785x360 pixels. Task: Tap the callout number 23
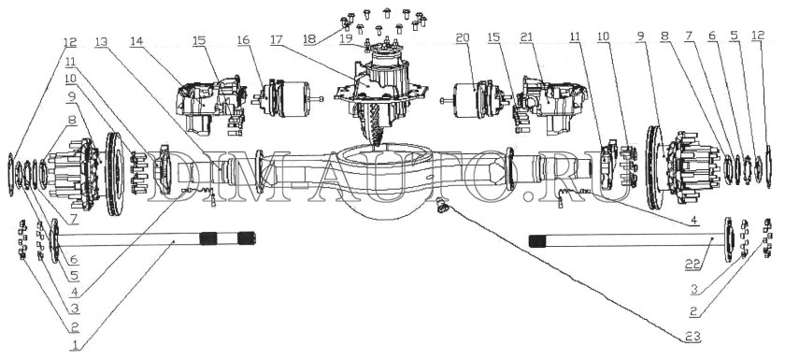692,338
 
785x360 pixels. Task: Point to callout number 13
101,42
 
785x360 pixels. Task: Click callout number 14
136,42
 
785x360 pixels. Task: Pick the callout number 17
278,41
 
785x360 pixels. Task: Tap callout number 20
463,37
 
